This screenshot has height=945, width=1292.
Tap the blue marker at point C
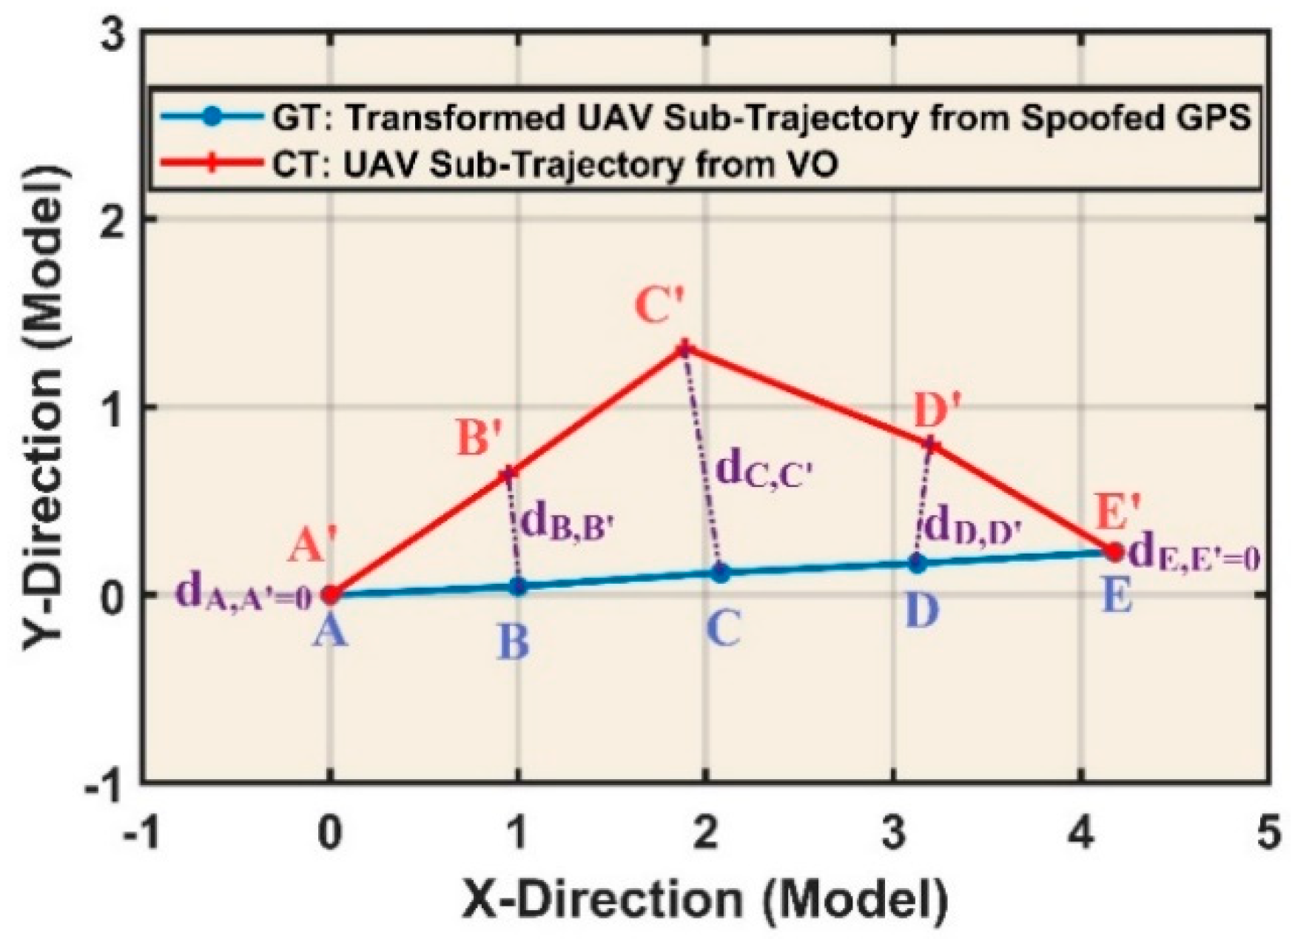pos(721,572)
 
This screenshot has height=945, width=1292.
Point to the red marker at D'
pos(932,445)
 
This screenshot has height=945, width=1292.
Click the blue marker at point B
pos(519,586)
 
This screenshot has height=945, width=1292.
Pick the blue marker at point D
pos(918,563)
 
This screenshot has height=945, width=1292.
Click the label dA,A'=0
pos(243,594)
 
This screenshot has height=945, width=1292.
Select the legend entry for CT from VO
pos(555,164)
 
